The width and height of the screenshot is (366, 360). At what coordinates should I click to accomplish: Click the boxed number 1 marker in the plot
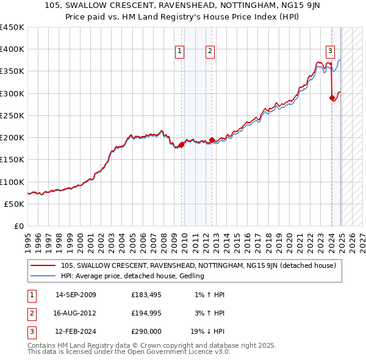pyautogui.click(x=181, y=52)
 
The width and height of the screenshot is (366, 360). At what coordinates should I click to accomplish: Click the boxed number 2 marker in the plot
pyautogui.click(x=209, y=52)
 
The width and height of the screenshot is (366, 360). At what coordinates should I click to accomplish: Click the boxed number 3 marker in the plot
pyautogui.click(x=330, y=51)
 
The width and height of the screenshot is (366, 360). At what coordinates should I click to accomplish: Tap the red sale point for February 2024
pyautogui.click(x=332, y=98)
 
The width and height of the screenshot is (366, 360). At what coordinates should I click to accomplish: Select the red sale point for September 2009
pyautogui.click(x=182, y=145)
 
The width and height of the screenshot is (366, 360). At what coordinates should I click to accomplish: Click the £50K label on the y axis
pyautogui.click(x=15, y=204)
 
